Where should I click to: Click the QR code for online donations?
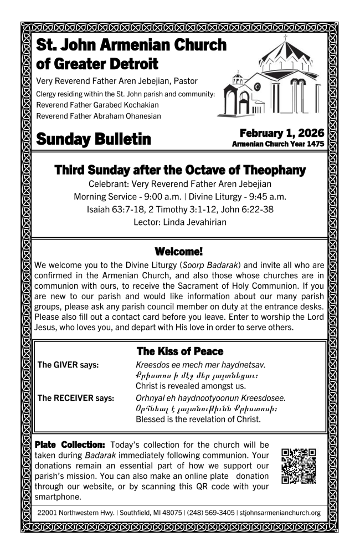click(x=299, y=466)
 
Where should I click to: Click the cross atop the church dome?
click(x=286, y=39)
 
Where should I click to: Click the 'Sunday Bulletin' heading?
click(x=94, y=139)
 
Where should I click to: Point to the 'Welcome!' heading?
click(x=179, y=251)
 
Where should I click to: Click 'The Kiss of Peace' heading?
click(x=180, y=351)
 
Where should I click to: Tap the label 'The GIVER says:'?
click(x=68, y=365)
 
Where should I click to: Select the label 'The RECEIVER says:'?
click(x=76, y=397)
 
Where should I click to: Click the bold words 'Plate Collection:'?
click(x=70, y=444)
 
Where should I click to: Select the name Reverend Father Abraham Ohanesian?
click(x=99, y=116)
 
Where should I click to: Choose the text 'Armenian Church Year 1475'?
click(x=278, y=144)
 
